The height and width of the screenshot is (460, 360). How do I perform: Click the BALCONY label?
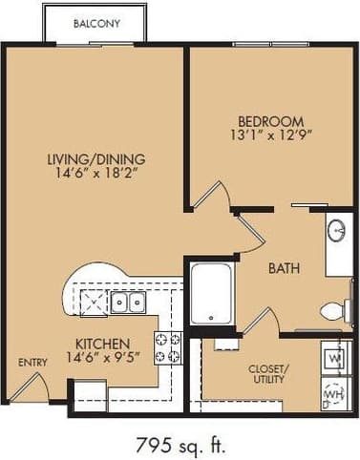pos(95,24)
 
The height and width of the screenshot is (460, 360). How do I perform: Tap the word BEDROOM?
pos(271,121)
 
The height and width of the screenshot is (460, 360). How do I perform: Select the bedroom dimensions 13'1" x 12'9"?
pos(271,136)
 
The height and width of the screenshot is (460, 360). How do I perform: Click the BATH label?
pos(283,269)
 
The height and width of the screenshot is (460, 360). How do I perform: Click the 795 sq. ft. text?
pos(180,442)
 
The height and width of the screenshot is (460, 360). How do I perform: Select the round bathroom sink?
pos(337,230)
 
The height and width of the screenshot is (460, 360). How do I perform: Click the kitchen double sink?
pos(127,303)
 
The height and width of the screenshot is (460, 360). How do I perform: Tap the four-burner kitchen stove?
pos(168,348)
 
